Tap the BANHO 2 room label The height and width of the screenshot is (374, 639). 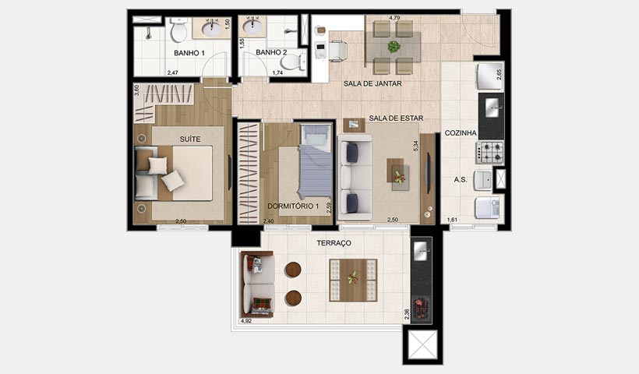pos(272,53)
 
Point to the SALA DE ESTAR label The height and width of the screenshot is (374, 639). pos(396,118)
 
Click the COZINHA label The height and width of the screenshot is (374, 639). pos(461,133)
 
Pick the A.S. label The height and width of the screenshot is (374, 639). pos(461,180)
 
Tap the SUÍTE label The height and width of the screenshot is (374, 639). pos(190,139)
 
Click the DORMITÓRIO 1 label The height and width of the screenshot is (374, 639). pos(293,206)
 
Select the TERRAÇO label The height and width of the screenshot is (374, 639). pos(334,243)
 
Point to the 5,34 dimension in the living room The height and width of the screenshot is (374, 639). pos(417,146)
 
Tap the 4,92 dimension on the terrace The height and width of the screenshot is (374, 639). pos(246,320)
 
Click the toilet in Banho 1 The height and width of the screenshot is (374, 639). pos(178,32)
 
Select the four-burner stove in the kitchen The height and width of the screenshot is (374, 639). pos(491,151)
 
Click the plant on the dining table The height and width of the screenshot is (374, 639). pos(394,46)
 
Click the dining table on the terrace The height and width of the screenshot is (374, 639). pos(352,280)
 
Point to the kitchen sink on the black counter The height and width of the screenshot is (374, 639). pos(491,104)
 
